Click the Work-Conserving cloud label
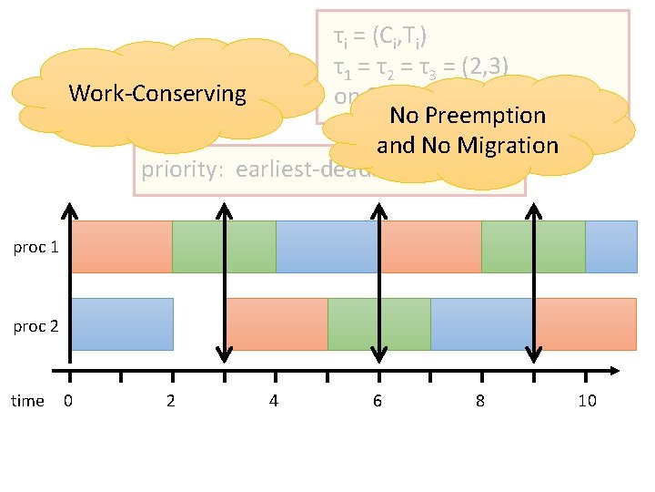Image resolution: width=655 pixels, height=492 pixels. tap(156, 93)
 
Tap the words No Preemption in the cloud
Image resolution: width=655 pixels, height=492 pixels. tap(467, 116)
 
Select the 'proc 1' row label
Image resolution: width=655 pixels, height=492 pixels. tap(36, 247)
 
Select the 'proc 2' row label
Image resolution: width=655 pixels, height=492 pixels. tap(36, 325)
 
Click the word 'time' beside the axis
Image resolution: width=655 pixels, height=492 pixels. tap(27, 401)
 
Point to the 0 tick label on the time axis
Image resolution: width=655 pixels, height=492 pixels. tap(69, 401)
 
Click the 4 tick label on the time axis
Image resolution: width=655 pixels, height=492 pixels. tap(274, 401)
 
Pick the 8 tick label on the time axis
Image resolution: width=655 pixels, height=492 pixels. tap(480, 401)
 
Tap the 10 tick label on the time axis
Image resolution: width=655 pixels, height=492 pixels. tap(587, 401)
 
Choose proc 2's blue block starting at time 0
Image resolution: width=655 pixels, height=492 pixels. tap(122, 323)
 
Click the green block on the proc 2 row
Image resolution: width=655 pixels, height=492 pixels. tap(378, 323)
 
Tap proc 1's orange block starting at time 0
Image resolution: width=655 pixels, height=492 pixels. tap(121, 246)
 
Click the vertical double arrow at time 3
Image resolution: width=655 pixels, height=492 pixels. tap(225, 282)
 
